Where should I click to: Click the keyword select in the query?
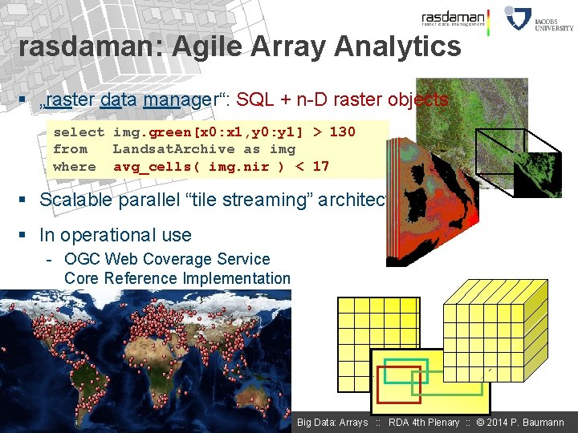(x=79, y=132)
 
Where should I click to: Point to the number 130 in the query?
(x=342, y=132)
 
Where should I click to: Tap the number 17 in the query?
(x=320, y=167)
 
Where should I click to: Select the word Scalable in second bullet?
(x=75, y=200)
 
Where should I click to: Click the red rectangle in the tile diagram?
(x=398, y=385)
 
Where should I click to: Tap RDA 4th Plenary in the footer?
(x=424, y=423)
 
